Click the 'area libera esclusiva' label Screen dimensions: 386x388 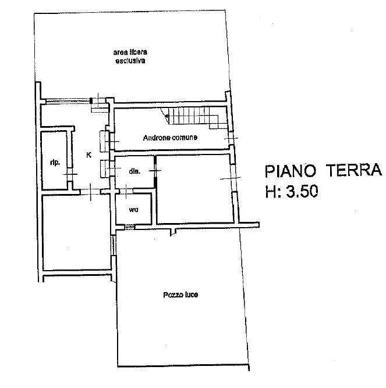tap(130, 57)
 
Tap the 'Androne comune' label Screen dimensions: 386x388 tap(170, 138)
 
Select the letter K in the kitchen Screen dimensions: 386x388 tap(89, 155)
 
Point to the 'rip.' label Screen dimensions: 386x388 tap(55, 163)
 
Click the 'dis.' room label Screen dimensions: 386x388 tap(134, 171)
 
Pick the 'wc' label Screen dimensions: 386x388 tap(133, 210)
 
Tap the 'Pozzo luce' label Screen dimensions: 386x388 tap(180, 294)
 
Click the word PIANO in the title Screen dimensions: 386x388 tap(291, 171)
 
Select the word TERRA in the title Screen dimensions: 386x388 tap(354, 170)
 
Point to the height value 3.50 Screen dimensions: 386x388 tap(302, 191)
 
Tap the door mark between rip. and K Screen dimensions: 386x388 tap(70, 174)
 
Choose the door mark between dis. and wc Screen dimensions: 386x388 tap(126, 192)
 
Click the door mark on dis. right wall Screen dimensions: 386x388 tap(155, 170)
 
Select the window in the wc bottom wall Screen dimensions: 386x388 tap(129, 227)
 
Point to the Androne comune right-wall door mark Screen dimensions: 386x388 tap(231, 138)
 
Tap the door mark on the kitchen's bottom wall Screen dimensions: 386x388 tap(91, 192)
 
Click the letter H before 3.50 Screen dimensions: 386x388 tap(271, 192)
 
